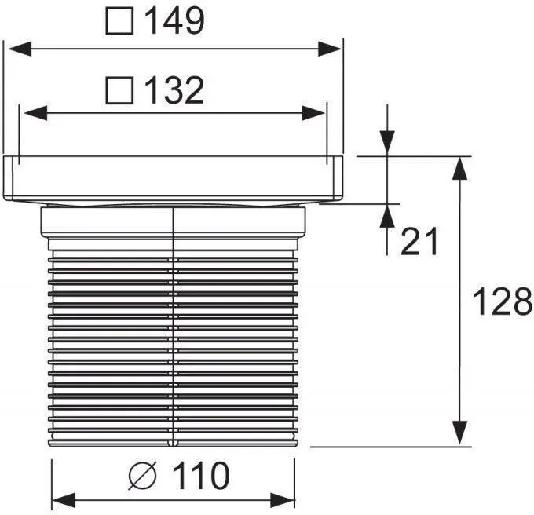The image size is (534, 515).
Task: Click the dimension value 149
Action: (x=174, y=20)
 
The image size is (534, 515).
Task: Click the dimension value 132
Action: (x=174, y=90)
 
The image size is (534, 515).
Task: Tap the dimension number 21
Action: (x=419, y=241)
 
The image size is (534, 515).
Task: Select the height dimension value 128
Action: (x=502, y=301)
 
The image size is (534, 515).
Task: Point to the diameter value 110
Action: (x=201, y=475)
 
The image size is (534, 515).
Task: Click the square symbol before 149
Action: (x=119, y=20)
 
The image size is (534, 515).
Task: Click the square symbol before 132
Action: (x=119, y=90)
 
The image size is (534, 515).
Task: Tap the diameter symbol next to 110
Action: (x=143, y=475)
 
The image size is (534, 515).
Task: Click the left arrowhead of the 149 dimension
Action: (x=20, y=49)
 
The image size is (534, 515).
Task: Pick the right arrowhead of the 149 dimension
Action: (x=330, y=49)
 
